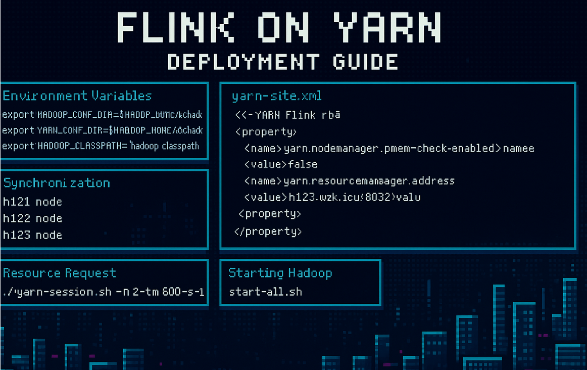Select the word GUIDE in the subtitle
tap(365, 62)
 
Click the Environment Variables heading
tap(77, 96)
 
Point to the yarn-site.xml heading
tap(276, 96)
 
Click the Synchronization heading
tap(57, 183)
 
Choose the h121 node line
tap(32, 202)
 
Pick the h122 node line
tap(32, 218)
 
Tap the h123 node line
tap(32, 235)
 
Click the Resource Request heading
tap(60, 273)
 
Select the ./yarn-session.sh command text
tap(103, 292)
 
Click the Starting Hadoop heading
tap(280, 273)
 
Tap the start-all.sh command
tap(265, 292)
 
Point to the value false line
tap(281, 164)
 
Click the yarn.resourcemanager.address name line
tap(349, 180)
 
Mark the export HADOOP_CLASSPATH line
tap(101, 146)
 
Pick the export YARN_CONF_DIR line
tap(102, 130)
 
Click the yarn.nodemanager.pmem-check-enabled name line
tap(389, 149)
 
